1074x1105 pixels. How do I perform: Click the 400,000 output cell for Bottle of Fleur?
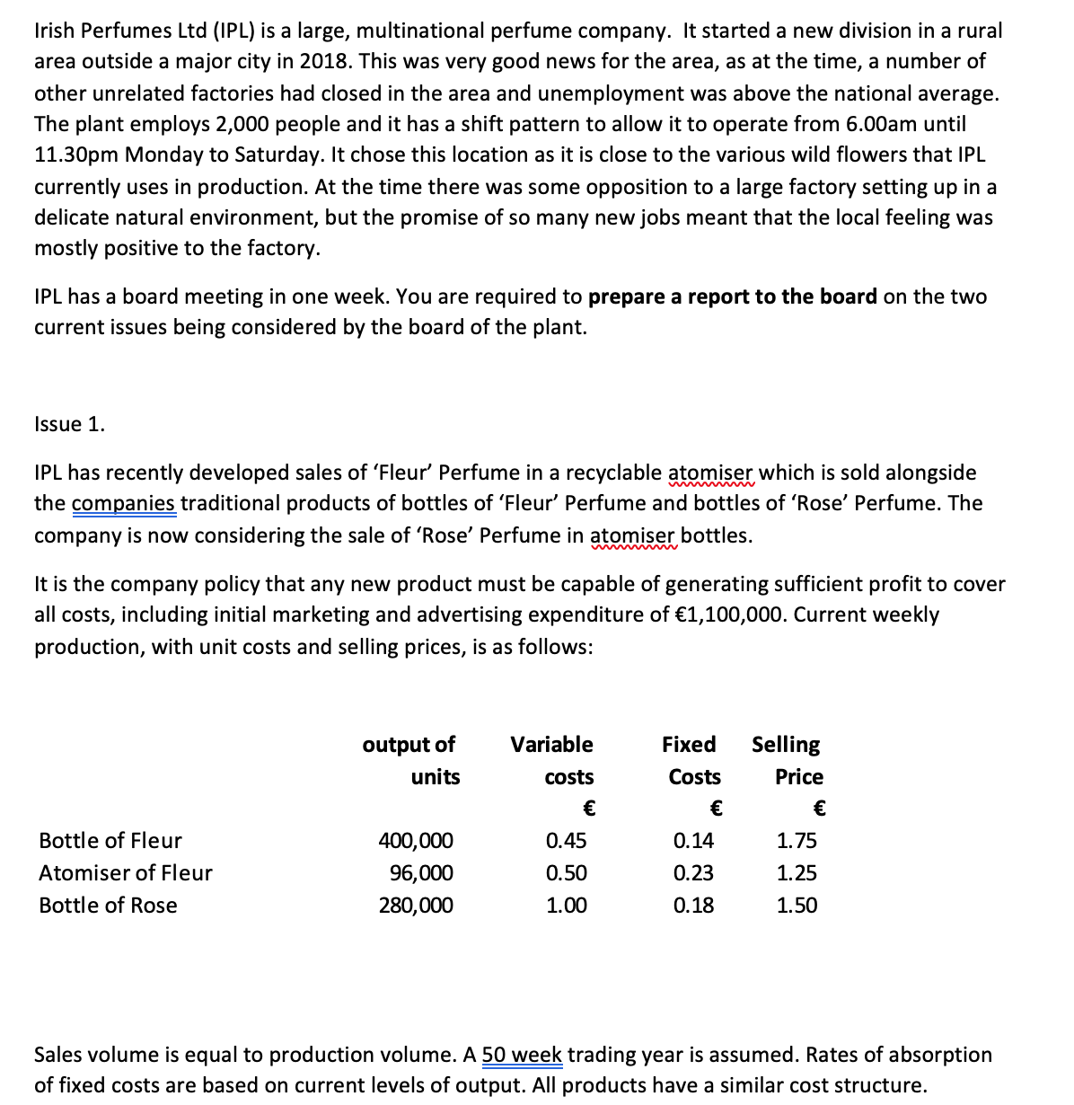(415, 841)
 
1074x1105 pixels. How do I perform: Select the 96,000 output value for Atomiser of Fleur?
(421, 873)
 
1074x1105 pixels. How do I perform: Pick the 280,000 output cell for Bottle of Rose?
(415, 906)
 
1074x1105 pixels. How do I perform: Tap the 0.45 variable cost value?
(567, 841)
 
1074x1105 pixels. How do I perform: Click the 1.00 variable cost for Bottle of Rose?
(567, 906)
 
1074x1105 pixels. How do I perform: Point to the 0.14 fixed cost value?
(693, 841)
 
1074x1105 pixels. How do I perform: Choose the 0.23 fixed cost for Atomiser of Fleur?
(693, 873)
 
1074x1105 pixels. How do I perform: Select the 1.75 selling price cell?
(797, 841)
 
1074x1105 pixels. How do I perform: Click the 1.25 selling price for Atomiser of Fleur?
(797, 873)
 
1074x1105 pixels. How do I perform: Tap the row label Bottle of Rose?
(108, 906)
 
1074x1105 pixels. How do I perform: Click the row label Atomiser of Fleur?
(126, 873)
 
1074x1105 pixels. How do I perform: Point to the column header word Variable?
(551, 745)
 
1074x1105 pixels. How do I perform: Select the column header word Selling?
(786, 745)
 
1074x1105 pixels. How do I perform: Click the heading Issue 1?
(69, 424)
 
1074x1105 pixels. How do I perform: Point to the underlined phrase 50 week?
(523, 1055)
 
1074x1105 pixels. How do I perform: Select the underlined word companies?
(124, 504)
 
